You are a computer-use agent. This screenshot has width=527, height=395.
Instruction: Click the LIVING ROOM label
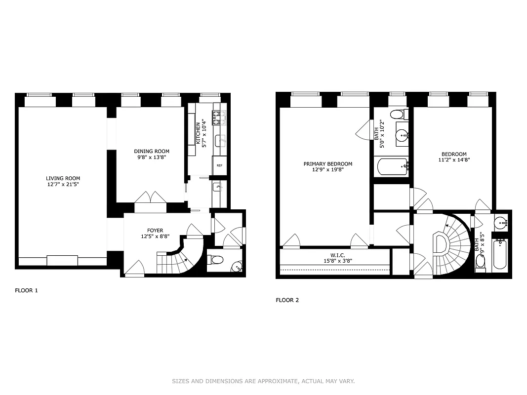(63, 178)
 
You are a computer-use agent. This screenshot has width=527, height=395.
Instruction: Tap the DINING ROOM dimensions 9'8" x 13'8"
(152, 158)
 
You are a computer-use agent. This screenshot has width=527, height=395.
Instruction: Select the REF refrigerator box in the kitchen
(219, 166)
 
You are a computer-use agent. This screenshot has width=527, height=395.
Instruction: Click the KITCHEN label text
(198, 133)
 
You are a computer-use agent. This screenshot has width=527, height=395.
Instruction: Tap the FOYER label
(155, 230)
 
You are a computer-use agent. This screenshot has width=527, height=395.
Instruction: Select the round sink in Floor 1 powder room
(238, 267)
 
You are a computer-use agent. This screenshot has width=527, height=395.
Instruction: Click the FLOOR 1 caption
(26, 290)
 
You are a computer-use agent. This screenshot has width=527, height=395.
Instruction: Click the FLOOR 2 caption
(287, 300)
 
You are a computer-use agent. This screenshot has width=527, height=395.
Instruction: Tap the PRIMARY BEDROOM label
(327, 164)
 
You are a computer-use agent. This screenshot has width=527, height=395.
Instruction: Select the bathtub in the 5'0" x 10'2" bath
(393, 167)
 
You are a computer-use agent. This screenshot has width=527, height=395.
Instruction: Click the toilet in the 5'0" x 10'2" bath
(397, 115)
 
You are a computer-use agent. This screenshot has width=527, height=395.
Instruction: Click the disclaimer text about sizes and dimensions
(263, 381)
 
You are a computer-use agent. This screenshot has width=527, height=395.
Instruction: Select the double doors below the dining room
(151, 197)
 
